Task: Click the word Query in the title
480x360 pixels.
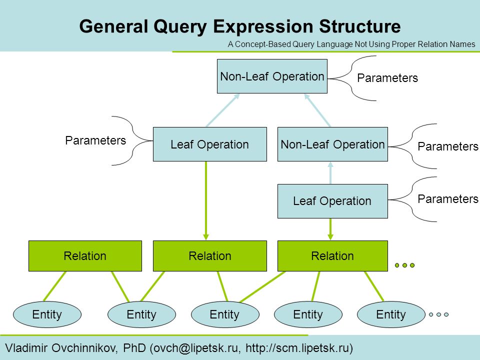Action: pyautogui.click(x=180, y=27)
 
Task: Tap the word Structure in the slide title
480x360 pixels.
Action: pyautogui.click(x=360, y=26)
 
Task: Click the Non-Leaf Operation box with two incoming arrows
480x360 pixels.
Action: pyautogui.click(x=272, y=76)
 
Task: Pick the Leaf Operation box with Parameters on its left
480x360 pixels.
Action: pyautogui.click(x=209, y=144)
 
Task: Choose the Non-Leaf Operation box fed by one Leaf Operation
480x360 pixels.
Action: pyautogui.click(x=332, y=144)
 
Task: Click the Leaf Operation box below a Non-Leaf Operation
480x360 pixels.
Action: pyautogui.click(x=332, y=201)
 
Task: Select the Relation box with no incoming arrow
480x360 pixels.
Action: pyautogui.click(x=85, y=256)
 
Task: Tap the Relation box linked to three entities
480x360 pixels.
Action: pyautogui.click(x=332, y=256)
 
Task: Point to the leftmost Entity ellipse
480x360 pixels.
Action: pyautogui.click(x=47, y=314)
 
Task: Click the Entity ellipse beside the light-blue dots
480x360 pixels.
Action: pyautogui.click(x=391, y=314)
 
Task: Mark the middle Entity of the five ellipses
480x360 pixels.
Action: pyautogui.click(x=225, y=314)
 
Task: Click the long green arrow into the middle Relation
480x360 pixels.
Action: pyautogui.click(x=206, y=201)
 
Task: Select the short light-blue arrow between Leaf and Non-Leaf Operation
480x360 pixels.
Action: pyautogui.click(x=330, y=173)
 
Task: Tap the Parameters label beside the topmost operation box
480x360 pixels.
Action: pyautogui.click(x=387, y=78)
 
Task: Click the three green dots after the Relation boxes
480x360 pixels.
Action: pyautogui.click(x=404, y=265)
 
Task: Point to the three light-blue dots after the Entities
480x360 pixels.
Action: pyautogui.click(x=438, y=314)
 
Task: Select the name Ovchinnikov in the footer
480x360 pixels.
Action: pyautogui.click(x=84, y=348)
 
